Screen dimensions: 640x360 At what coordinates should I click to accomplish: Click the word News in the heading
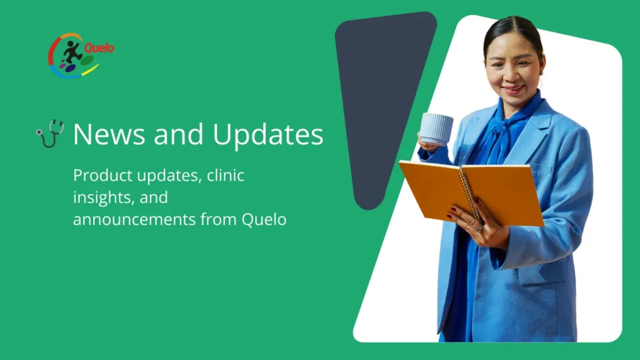coord(109,134)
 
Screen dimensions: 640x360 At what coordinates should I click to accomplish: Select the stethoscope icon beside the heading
coord(50,133)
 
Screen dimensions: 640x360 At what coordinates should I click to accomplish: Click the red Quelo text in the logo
coord(99,48)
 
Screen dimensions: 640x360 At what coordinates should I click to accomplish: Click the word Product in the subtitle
coord(103,176)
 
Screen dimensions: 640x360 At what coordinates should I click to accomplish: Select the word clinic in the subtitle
coord(225,175)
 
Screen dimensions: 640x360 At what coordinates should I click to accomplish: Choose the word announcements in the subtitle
coord(134,219)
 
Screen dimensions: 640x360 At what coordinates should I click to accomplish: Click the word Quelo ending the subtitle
coord(264,219)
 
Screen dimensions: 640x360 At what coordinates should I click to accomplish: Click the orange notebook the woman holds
coord(471,192)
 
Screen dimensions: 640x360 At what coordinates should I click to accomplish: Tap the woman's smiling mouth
coord(513,89)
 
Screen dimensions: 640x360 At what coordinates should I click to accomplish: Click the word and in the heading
coord(178,134)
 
